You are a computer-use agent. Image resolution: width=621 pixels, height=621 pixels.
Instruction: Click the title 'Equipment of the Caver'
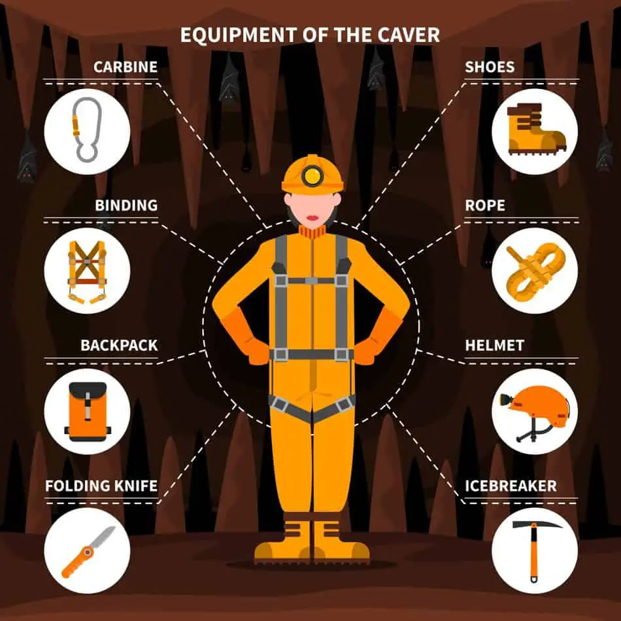[x=310, y=35]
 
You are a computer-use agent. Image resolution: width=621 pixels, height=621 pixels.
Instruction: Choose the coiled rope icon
[x=533, y=270]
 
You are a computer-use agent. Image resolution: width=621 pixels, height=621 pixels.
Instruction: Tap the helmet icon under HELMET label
[x=535, y=410]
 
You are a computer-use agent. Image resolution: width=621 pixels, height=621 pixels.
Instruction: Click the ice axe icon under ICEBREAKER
[x=535, y=550]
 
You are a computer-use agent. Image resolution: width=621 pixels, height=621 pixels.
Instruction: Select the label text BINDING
[x=126, y=205]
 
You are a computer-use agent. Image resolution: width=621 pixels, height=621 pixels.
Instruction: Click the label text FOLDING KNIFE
[x=101, y=486]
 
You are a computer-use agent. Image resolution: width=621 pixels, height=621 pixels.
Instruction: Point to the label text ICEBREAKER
[x=511, y=486]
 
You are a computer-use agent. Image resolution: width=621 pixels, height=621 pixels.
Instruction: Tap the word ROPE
[x=484, y=205]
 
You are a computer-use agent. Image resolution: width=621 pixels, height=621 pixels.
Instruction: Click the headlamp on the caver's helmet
[x=313, y=175]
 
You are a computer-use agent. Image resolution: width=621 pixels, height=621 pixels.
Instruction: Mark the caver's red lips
[x=312, y=216]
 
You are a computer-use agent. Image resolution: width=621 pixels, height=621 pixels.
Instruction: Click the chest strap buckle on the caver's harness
[x=312, y=280]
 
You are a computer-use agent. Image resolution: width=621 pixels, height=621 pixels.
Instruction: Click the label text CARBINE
[x=126, y=67]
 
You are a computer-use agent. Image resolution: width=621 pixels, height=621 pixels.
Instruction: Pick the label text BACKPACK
[x=118, y=345]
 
